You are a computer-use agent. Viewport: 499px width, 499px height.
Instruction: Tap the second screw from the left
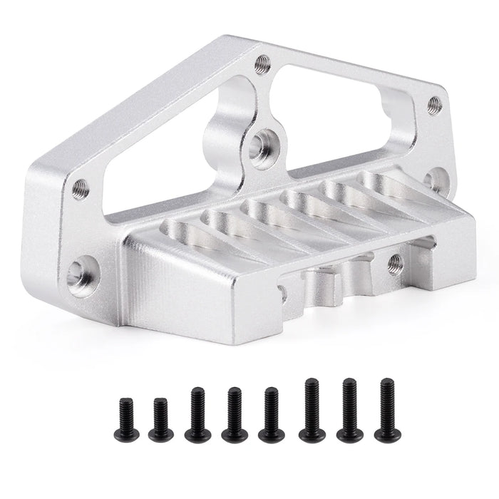coord(160,419)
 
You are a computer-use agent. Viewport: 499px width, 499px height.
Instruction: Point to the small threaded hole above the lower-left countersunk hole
coord(81,188)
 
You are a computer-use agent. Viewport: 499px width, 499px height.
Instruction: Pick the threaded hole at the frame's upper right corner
coord(434,106)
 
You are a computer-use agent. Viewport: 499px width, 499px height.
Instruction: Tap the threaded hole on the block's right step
coord(396,264)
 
